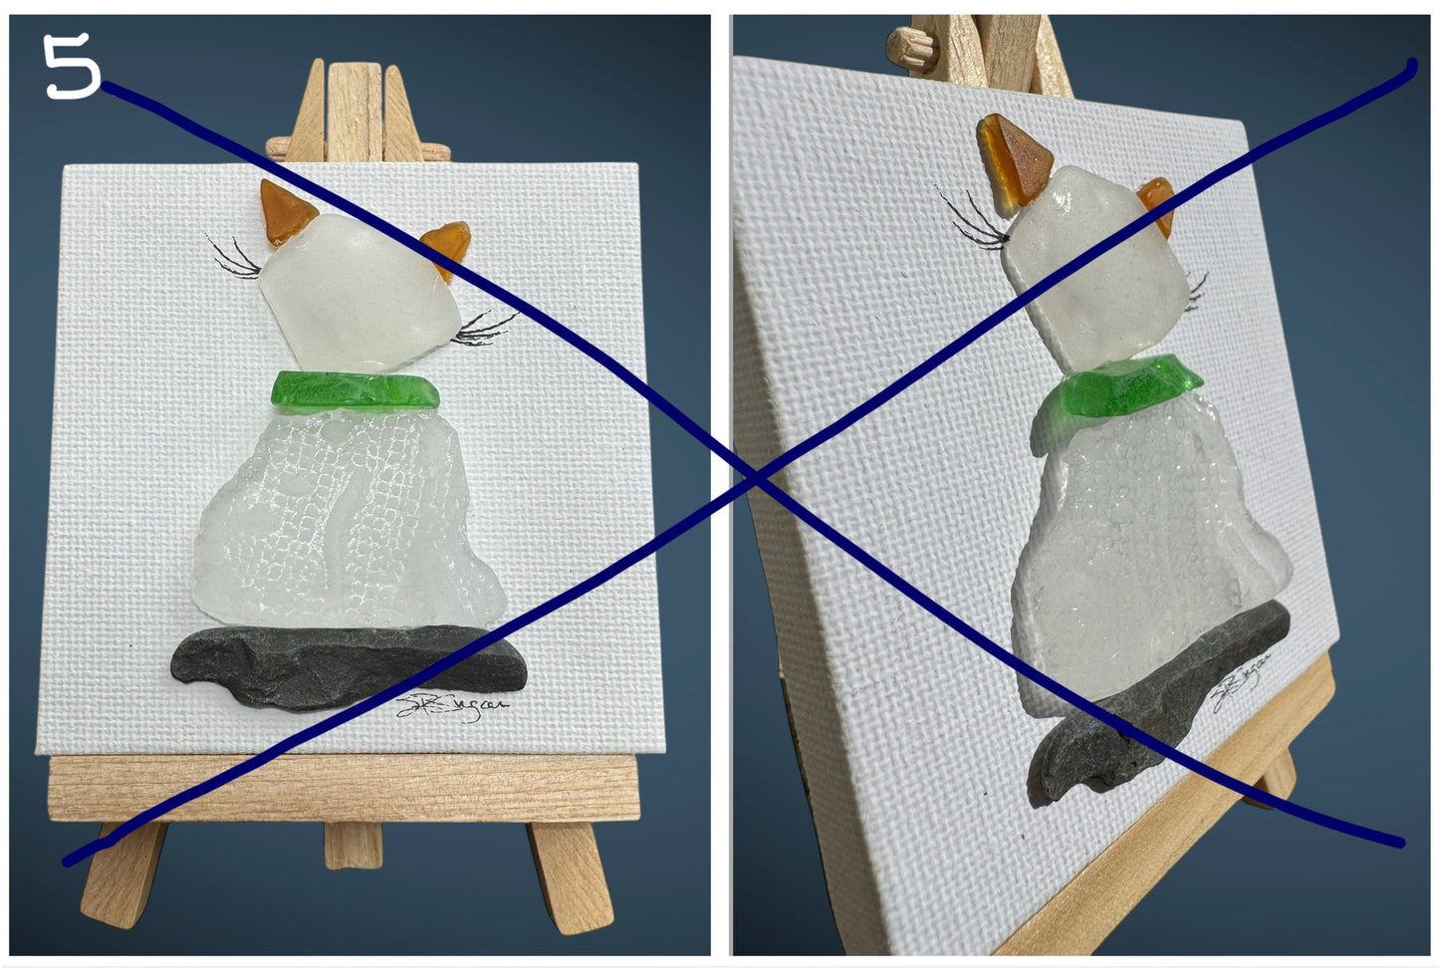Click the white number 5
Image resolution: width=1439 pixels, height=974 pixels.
72,67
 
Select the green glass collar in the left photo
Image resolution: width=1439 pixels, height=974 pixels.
355,389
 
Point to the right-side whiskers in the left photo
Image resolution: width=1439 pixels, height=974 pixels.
484,329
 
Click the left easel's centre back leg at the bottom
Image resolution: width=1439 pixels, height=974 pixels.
353,847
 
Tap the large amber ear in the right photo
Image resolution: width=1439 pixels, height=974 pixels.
1010,159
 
